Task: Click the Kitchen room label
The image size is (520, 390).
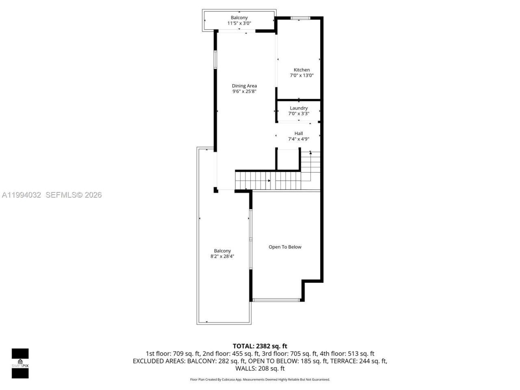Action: [x=301, y=70]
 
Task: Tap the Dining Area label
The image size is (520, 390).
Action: [x=244, y=86]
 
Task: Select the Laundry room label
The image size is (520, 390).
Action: [x=299, y=108]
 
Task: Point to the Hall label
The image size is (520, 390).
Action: [x=299, y=133]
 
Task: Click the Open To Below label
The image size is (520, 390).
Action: [x=285, y=247]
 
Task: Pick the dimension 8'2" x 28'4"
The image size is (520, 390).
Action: [x=222, y=256]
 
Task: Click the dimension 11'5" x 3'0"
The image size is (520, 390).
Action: [x=239, y=23]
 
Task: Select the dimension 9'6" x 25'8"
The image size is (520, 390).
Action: [x=244, y=91]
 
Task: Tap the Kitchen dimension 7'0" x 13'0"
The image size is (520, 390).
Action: [x=301, y=76]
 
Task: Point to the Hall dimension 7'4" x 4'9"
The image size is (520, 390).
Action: [x=299, y=139]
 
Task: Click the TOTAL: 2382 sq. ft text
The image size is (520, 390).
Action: [x=260, y=346]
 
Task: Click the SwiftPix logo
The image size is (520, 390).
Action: [x=20, y=363]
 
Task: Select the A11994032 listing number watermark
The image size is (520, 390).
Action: [x=22, y=195]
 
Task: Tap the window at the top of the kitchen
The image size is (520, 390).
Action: [x=300, y=18]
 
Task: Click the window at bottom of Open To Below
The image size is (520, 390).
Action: [x=276, y=300]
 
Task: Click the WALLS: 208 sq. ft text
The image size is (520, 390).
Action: [x=260, y=368]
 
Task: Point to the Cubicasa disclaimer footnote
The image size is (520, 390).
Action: [x=260, y=379]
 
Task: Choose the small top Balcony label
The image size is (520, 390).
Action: [x=239, y=17]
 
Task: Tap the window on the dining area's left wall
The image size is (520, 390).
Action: [x=215, y=60]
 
